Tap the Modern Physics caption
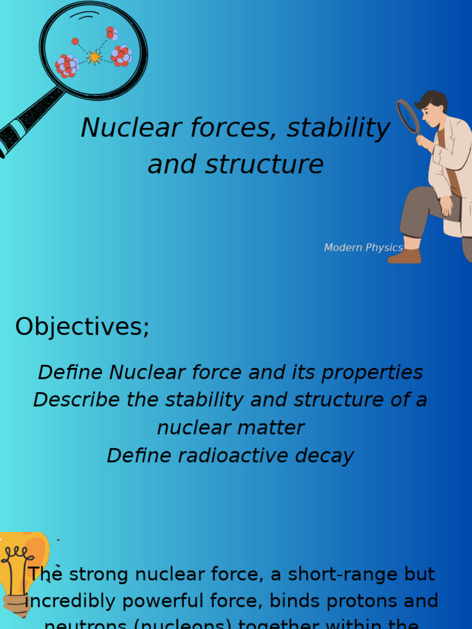[x=363, y=248]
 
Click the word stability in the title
[x=338, y=128]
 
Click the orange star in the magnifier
[x=94, y=57]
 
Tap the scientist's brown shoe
[x=404, y=256]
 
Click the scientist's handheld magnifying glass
[x=407, y=116]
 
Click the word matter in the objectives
[x=274, y=428]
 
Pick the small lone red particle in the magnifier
[x=75, y=41]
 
